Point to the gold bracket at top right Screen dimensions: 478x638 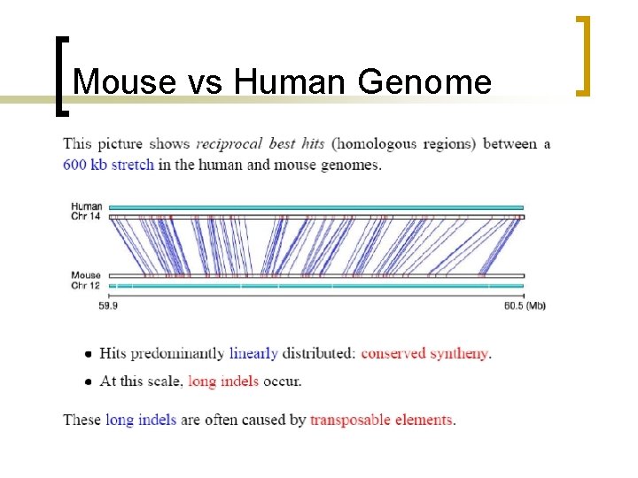[x=582, y=55]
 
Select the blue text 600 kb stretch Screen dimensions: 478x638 [x=108, y=165]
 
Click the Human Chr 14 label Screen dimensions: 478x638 [x=86, y=211]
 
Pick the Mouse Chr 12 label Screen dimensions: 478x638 [x=86, y=280]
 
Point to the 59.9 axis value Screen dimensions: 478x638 [x=109, y=306]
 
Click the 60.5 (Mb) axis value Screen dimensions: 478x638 [x=526, y=306]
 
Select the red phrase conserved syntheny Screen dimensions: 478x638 [x=425, y=353]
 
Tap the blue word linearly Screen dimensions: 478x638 [x=253, y=353]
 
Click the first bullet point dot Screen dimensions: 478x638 [x=88, y=354]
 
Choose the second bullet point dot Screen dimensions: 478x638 [x=88, y=382]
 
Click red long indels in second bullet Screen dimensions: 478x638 [x=223, y=382]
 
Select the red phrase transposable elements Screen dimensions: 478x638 [x=381, y=420]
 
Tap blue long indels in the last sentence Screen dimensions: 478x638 [x=141, y=420]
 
